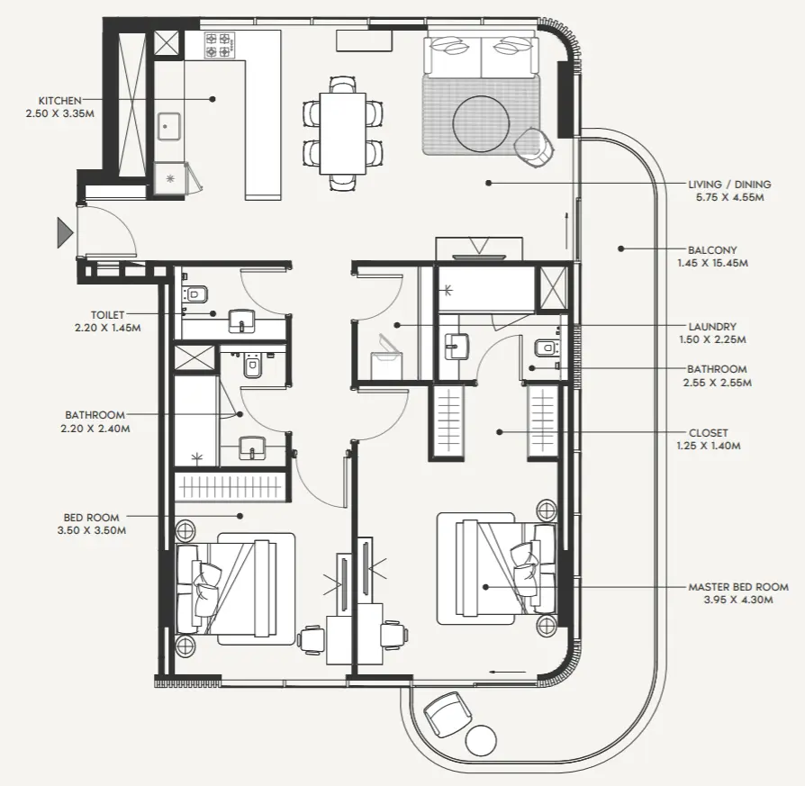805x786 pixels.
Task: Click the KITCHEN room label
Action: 60,101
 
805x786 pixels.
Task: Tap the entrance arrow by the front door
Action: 64,232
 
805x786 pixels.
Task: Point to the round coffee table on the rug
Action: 481,123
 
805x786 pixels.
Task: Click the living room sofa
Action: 481,54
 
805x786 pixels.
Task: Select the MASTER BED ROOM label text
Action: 737,587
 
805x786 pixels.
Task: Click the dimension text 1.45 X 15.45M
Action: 712,263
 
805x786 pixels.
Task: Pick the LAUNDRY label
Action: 711,327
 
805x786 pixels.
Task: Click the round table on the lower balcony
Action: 481,740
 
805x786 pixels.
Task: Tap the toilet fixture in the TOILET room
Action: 195,294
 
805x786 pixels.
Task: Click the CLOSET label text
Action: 707,433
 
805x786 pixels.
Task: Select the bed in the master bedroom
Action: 495,569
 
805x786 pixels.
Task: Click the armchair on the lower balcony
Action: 446,714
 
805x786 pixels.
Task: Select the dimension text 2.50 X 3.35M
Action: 60,113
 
